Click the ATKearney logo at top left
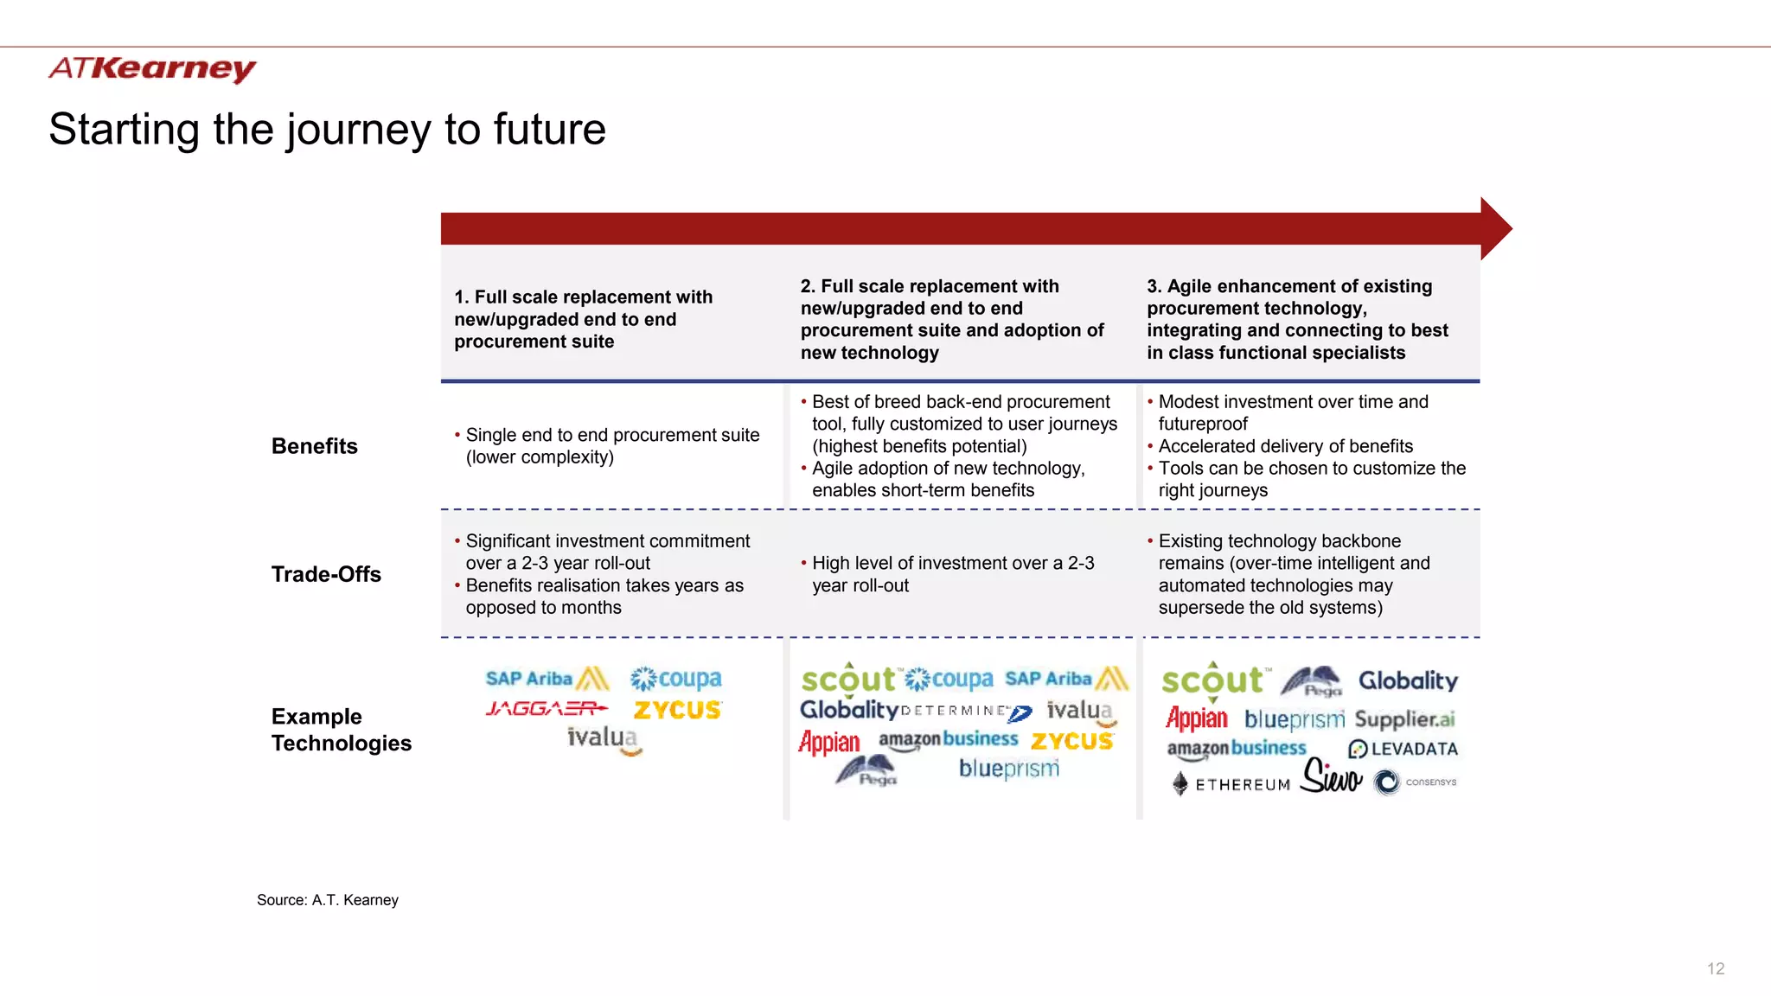point(152,68)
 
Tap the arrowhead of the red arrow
point(1495,228)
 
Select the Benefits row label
point(315,446)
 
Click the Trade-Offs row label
point(326,574)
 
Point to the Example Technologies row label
point(341,730)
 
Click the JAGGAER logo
point(547,709)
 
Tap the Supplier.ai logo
point(1404,719)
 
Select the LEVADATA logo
point(1403,749)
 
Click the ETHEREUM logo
point(1231,784)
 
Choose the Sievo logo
point(1332,776)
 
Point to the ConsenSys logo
point(1415,782)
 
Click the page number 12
point(1716,969)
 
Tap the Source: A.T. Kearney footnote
point(328,900)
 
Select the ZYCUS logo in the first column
point(677,710)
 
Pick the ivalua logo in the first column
point(604,739)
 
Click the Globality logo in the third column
point(1408,680)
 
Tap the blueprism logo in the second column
point(1008,769)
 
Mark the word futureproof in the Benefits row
point(1203,424)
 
